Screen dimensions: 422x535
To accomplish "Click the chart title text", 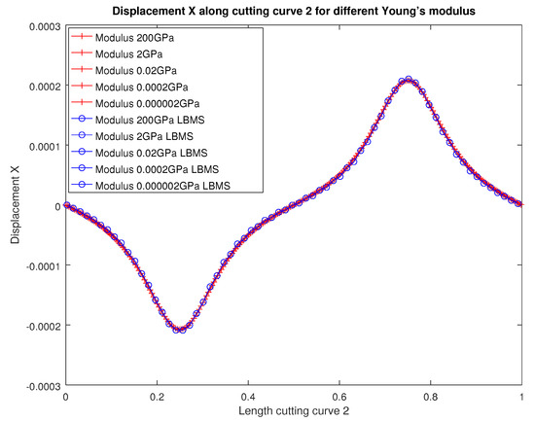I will pos(295,11).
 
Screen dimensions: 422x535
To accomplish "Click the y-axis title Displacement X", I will pos(13,205).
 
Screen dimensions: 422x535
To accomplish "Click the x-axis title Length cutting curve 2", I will pos(295,412).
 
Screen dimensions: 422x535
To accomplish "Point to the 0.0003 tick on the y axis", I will pos(41,25).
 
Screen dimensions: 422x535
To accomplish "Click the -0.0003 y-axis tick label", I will pos(39,386).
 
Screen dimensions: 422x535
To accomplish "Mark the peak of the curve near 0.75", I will pos(409,80).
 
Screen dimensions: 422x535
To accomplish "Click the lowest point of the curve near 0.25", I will pos(180,331).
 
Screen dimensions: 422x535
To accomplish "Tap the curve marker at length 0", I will pos(65,205).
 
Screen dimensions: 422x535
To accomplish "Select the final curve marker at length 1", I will pos(522,205).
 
